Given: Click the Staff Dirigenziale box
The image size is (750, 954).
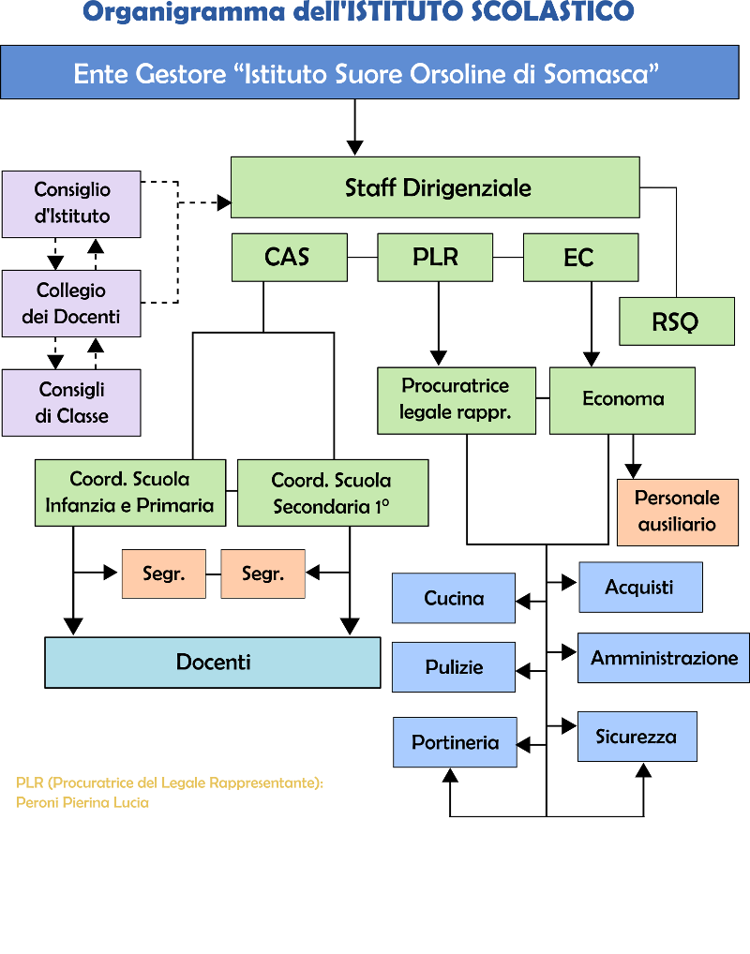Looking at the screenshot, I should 435,187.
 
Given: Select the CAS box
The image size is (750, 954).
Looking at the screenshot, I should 289,257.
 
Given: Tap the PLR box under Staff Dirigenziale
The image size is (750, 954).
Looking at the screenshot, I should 435,257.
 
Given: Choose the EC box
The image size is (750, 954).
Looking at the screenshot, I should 580,257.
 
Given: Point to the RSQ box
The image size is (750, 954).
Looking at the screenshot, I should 676,322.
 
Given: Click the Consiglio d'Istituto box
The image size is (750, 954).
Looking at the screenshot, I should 71,203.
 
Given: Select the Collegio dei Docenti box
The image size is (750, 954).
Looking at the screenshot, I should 71,304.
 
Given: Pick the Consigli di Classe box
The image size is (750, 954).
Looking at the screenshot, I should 71,403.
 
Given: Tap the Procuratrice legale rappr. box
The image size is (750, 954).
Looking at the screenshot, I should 457,400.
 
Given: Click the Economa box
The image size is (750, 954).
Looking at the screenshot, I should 622,400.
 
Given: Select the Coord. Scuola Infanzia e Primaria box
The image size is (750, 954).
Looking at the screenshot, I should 130,492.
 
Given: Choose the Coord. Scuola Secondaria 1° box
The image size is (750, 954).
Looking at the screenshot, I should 332,493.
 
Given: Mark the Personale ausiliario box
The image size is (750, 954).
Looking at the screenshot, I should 677,512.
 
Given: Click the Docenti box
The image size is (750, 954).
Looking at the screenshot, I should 213,663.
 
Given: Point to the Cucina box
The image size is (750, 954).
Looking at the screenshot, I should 454,598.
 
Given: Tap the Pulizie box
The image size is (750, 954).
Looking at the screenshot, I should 454,667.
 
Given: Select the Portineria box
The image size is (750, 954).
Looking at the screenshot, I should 455,742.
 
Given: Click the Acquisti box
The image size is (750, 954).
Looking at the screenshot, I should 640,588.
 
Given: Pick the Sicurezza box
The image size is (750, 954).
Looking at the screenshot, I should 637,737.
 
